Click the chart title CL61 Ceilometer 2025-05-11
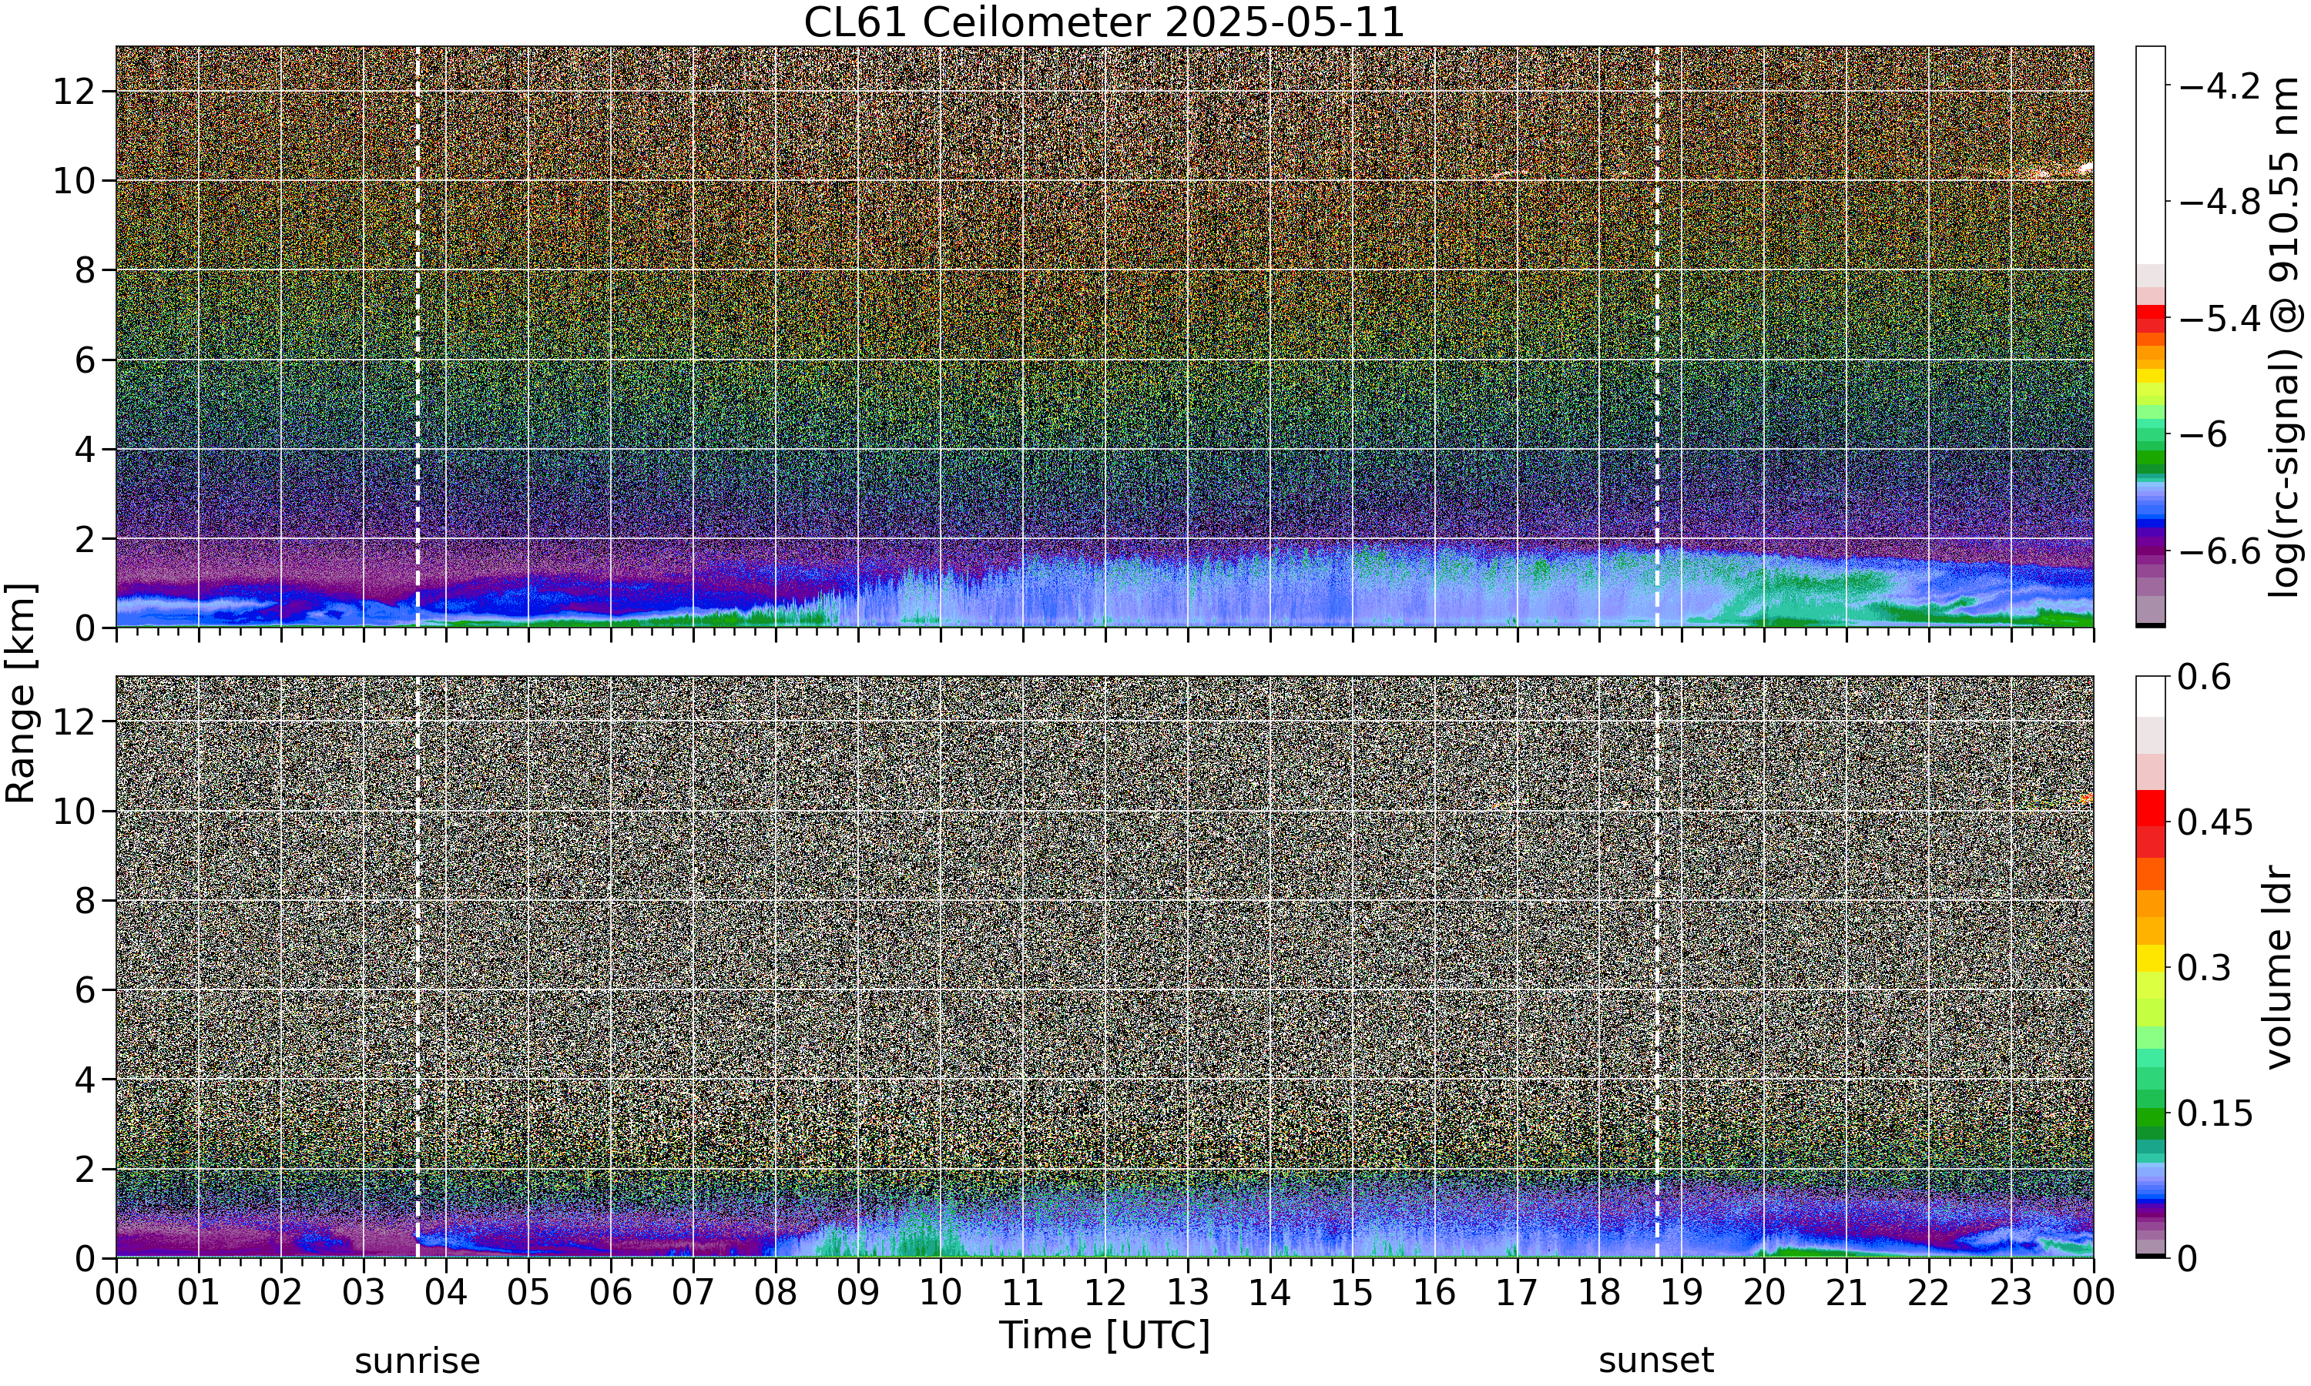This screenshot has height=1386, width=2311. [1104, 22]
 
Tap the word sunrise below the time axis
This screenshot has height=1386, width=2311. [418, 1361]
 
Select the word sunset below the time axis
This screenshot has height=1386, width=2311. [1656, 1361]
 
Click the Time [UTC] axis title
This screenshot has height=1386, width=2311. [1104, 1334]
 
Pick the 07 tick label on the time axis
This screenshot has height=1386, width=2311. [693, 1293]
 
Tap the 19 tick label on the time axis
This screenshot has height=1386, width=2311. [1682, 1293]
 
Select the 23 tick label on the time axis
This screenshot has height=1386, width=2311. [2011, 1293]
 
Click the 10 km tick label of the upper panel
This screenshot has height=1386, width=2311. [75, 181]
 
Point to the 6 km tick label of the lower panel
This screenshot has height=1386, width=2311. [86, 990]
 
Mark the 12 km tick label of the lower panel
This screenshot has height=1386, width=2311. [75, 721]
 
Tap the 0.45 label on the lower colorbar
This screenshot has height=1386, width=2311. [2215, 823]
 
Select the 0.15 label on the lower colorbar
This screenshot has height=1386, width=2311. [2215, 1113]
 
